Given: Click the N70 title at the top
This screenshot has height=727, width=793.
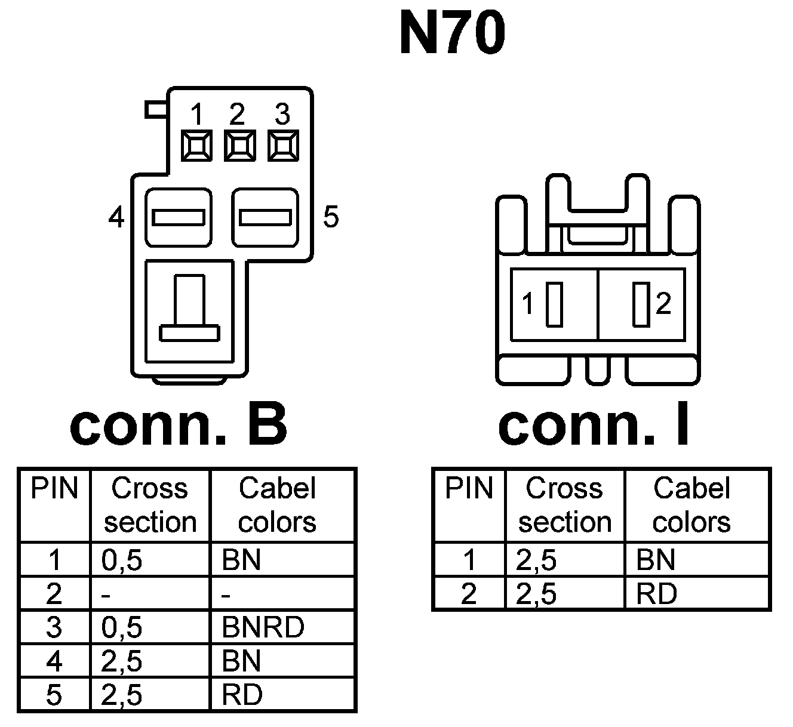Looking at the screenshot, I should point(452,33).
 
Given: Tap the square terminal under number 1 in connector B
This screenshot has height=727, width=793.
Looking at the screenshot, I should point(196,146).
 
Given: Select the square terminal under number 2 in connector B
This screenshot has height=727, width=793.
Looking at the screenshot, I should point(239,146).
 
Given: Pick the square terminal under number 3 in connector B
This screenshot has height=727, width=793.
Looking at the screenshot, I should point(283,146).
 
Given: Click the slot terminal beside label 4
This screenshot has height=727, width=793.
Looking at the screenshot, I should point(179,217).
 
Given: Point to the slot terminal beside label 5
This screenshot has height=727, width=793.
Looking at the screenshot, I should point(265,217).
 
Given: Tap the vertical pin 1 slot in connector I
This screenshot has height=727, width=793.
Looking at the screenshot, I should point(554,304).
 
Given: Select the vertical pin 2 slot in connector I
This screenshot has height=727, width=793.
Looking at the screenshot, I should point(641,304).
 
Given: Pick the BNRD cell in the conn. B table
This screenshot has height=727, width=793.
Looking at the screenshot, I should point(263,627).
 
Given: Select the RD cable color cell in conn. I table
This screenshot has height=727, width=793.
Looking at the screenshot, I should point(657,594).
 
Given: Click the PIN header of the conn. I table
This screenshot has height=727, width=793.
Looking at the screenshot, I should point(469,489).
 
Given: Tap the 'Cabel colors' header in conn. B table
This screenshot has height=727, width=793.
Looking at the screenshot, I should point(277,505).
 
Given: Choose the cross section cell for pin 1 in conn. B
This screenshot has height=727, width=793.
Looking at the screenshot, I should point(122,560).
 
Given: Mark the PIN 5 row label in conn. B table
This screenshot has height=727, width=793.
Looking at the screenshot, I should point(54,695).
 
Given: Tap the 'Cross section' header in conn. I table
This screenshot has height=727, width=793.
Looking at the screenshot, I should point(564,505).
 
